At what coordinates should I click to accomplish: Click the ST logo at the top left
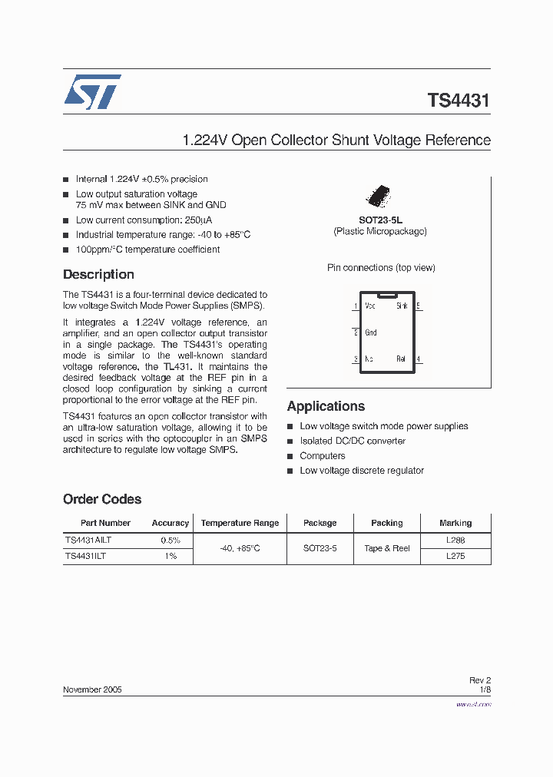[x=92, y=92]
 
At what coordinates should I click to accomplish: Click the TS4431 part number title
[x=459, y=101]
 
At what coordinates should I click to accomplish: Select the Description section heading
[x=98, y=275]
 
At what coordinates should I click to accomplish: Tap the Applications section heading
[x=326, y=406]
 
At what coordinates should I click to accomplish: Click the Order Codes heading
[x=102, y=499]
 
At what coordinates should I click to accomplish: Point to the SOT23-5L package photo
[x=380, y=195]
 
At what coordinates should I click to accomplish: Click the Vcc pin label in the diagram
[x=370, y=306]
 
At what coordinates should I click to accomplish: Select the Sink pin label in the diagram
[x=402, y=306]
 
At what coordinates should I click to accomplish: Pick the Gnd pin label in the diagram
[x=371, y=332]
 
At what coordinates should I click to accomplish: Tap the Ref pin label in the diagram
[x=401, y=359]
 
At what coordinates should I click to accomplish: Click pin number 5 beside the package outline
[x=419, y=306]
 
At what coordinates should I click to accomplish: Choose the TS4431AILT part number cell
[x=88, y=540]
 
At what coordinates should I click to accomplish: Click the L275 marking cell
[x=455, y=556]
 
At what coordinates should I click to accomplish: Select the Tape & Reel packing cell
[x=386, y=548]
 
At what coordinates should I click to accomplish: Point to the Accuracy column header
[x=170, y=523]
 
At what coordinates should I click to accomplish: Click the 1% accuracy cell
[x=170, y=556]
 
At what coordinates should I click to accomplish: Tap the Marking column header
[x=455, y=523]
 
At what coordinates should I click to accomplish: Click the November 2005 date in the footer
[x=91, y=689]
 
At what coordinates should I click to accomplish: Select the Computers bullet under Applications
[x=323, y=456]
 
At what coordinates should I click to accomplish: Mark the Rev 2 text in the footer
[x=479, y=680]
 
